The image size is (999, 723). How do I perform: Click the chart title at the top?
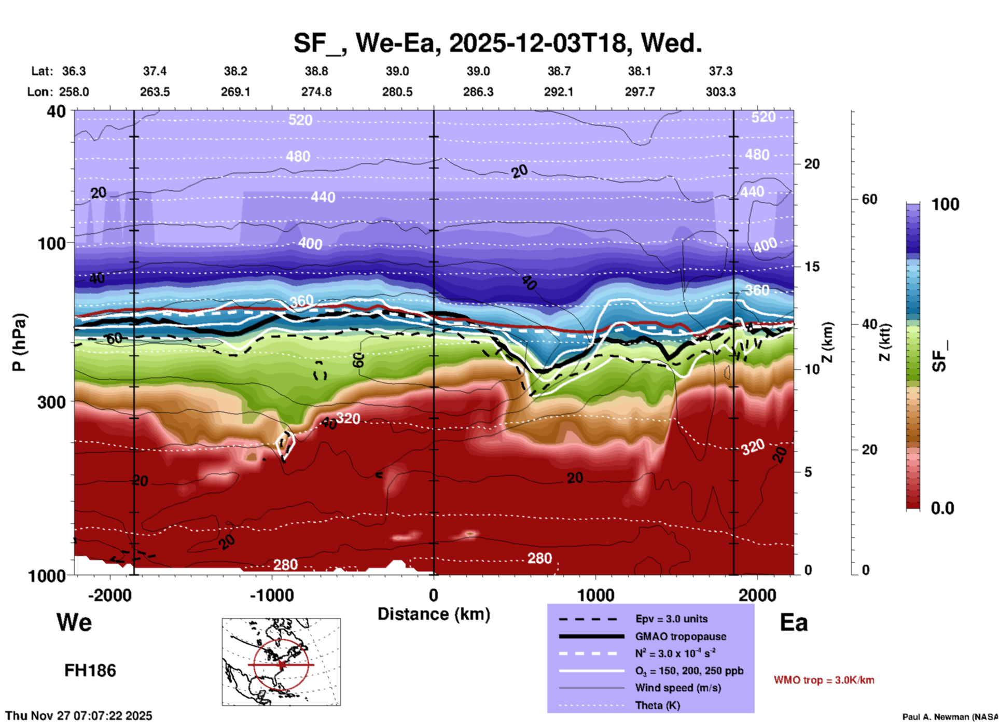[x=498, y=43]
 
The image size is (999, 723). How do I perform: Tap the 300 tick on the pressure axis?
[x=52, y=401]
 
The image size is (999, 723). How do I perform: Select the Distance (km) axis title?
[x=434, y=614]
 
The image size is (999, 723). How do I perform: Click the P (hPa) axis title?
[x=19, y=342]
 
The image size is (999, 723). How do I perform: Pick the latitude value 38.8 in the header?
[x=316, y=71]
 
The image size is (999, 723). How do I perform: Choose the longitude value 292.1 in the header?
[x=559, y=92]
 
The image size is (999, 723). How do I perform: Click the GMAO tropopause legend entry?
[x=681, y=636]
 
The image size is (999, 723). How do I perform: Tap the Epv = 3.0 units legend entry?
[x=671, y=619]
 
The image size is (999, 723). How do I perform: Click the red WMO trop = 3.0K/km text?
[x=824, y=680]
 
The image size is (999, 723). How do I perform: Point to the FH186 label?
[x=90, y=671]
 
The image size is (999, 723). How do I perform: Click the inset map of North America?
[x=281, y=662]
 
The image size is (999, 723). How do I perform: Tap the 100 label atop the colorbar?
[x=945, y=204]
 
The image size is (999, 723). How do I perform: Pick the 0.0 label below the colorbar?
[x=942, y=508]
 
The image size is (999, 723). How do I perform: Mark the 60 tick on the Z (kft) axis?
[x=869, y=199]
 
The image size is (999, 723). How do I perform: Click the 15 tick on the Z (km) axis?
[x=812, y=267]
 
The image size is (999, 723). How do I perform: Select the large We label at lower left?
[x=74, y=622]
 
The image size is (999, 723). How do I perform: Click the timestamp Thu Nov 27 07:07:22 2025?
[x=79, y=716]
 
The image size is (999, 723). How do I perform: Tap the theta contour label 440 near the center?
[x=323, y=197]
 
